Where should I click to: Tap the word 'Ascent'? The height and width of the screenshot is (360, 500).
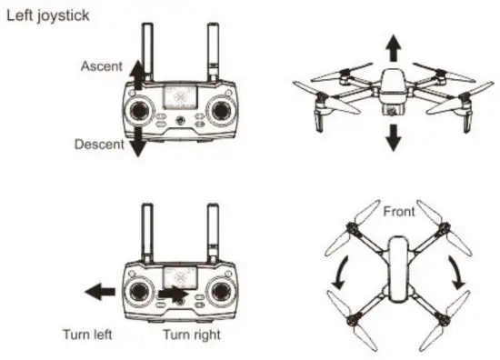[x=101, y=66]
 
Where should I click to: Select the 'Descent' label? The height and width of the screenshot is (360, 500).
[x=99, y=145]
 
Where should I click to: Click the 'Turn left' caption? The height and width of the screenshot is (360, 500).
[x=87, y=334]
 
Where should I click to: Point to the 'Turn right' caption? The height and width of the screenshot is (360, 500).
[x=191, y=334]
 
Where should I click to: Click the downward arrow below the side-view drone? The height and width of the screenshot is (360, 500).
[x=393, y=137]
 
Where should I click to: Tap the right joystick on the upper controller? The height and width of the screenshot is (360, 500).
[x=220, y=111]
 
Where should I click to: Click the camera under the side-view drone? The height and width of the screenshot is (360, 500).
[x=393, y=111]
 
